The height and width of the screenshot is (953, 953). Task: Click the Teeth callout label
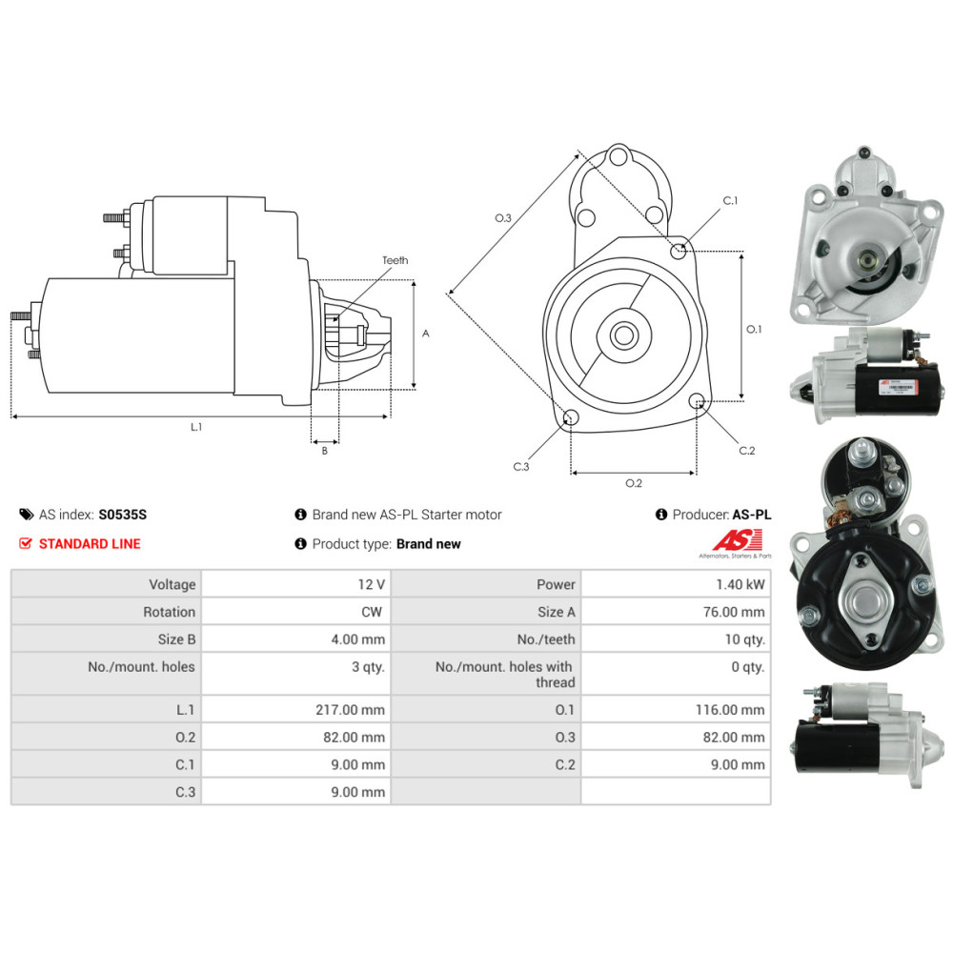[395, 260]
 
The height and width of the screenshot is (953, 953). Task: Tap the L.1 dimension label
[196, 427]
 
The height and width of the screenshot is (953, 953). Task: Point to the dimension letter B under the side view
[324, 451]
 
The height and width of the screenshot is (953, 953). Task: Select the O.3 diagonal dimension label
[503, 218]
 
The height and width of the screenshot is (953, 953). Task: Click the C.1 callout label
[731, 200]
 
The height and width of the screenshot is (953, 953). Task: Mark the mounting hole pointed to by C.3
[571, 417]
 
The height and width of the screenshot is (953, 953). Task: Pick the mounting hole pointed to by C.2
[697, 400]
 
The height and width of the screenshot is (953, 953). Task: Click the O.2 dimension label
[634, 483]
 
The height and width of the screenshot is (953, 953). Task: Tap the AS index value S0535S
[123, 515]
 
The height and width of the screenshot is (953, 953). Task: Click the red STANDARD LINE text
[89, 544]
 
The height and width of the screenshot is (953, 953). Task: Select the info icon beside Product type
[301, 544]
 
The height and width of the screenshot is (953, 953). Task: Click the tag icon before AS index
[26, 515]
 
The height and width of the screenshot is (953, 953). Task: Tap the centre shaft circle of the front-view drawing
[625, 335]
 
